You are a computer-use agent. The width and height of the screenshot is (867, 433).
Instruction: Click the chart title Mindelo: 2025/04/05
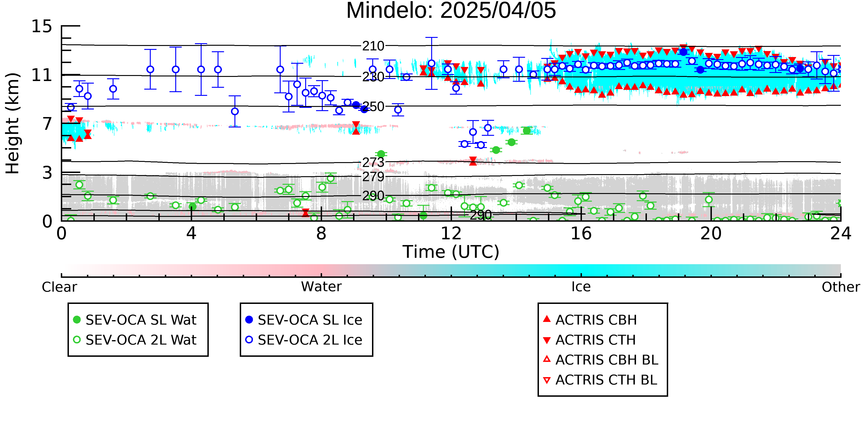click(x=451, y=11)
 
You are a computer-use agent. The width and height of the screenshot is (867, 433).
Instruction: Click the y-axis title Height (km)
click(x=12, y=123)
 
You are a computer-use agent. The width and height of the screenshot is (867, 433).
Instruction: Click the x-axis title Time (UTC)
click(x=451, y=252)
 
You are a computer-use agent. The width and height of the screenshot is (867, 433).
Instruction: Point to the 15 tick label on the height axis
click(x=42, y=26)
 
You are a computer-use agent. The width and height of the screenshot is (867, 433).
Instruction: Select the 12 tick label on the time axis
click(x=451, y=233)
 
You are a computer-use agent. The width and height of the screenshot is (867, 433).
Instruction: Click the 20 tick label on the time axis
click(x=711, y=233)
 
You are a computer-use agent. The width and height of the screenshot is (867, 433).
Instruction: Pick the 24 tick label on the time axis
click(x=841, y=233)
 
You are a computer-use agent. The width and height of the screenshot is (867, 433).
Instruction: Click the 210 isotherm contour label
click(x=373, y=46)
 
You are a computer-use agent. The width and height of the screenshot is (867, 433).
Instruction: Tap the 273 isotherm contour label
click(x=373, y=162)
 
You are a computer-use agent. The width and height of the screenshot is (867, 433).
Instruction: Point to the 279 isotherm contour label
click(x=373, y=176)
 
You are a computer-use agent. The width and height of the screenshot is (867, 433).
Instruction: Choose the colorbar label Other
click(x=841, y=287)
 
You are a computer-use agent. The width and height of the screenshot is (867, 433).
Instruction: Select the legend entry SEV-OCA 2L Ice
click(x=310, y=340)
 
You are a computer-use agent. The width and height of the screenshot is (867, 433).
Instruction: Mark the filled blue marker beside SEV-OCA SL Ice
click(x=249, y=320)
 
